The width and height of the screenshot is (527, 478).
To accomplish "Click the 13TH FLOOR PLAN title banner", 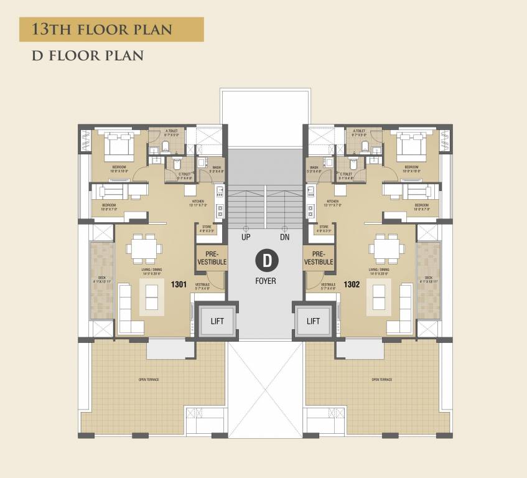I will coord(111,29).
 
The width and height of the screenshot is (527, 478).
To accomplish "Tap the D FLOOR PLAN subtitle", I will coord(88,55).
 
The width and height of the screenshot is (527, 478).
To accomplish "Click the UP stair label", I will coord(246,238).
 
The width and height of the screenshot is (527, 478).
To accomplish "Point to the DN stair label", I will coord(284,238).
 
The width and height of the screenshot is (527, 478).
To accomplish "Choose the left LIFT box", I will coord(217,321).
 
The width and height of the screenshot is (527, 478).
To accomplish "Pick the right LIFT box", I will coord(314,321).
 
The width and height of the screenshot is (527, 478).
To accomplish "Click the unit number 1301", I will coord(180,284).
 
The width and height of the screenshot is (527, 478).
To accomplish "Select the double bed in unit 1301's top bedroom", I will coord(118,146).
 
